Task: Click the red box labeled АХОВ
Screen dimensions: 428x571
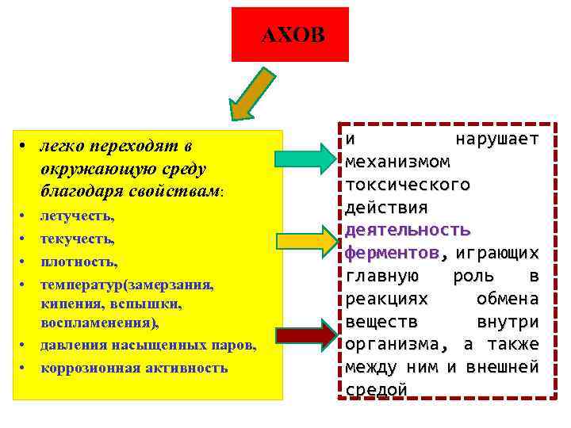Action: tap(290, 35)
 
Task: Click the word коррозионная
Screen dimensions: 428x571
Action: tap(82, 368)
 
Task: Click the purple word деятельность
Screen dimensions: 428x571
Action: tap(408, 230)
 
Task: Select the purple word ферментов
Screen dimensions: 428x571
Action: tap(392, 253)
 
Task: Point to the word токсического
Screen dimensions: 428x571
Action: tap(408, 184)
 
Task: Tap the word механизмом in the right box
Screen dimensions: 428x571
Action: tap(397, 162)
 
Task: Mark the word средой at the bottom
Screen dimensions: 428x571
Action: tap(377, 390)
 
